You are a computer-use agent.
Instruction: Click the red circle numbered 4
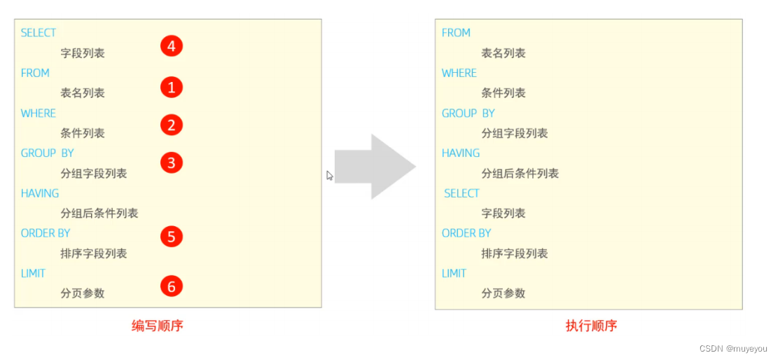[x=171, y=47]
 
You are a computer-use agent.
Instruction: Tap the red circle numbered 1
[x=171, y=88]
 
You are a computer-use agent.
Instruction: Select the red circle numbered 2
[x=171, y=125]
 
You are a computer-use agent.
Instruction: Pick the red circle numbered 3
[x=171, y=163]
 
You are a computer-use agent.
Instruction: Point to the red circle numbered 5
[x=171, y=236]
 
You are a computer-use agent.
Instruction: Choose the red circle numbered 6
[x=171, y=286]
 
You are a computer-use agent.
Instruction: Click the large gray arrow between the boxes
[x=375, y=167]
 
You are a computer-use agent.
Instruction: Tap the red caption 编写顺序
[x=158, y=326]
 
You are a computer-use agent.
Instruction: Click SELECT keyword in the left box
[x=39, y=33]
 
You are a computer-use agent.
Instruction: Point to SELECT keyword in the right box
[x=461, y=193]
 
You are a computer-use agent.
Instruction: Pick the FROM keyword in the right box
[x=456, y=33]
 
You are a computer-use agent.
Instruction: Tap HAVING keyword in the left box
[x=40, y=193]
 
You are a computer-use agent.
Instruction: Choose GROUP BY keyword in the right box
[x=468, y=113]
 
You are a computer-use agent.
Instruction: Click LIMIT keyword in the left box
[x=33, y=273]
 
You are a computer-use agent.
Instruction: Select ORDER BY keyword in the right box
[x=466, y=233]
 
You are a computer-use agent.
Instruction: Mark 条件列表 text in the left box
[x=83, y=133]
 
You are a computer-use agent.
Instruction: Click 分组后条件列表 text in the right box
[x=520, y=174]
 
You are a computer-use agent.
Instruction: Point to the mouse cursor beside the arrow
[x=329, y=175]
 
